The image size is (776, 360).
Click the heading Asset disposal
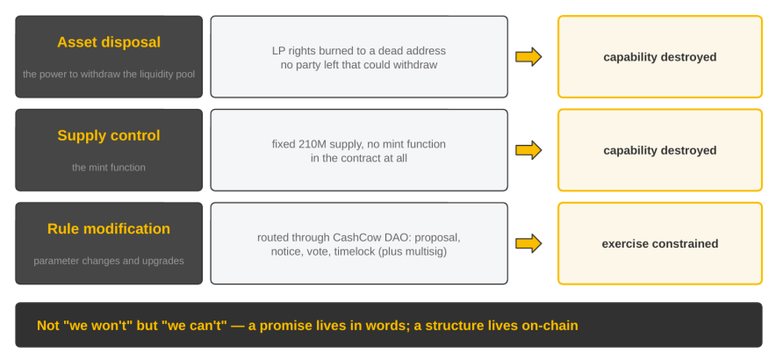(109, 43)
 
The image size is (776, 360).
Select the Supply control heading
(109, 136)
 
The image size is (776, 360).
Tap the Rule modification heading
(109, 229)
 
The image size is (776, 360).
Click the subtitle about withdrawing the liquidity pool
(109, 75)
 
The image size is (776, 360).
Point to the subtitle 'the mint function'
(109, 168)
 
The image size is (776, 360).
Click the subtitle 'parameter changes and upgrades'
(109, 261)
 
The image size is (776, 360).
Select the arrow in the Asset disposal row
(528, 57)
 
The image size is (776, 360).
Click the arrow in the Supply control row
(528, 150)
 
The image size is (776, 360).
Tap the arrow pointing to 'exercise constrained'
(528, 243)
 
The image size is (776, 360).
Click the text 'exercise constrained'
(660, 243)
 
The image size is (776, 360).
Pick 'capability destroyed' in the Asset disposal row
(660, 57)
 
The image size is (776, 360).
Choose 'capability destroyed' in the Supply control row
(660, 150)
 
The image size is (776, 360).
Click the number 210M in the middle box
(312, 144)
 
